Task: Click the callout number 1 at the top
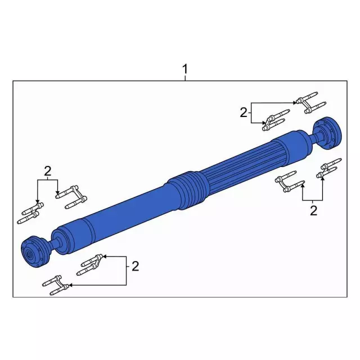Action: (x=185, y=69)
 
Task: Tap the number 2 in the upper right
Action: (x=244, y=112)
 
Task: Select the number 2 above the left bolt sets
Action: (x=47, y=171)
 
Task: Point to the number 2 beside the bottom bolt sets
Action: (x=135, y=266)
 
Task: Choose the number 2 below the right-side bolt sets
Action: (x=313, y=211)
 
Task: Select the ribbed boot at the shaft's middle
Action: (x=186, y=190)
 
